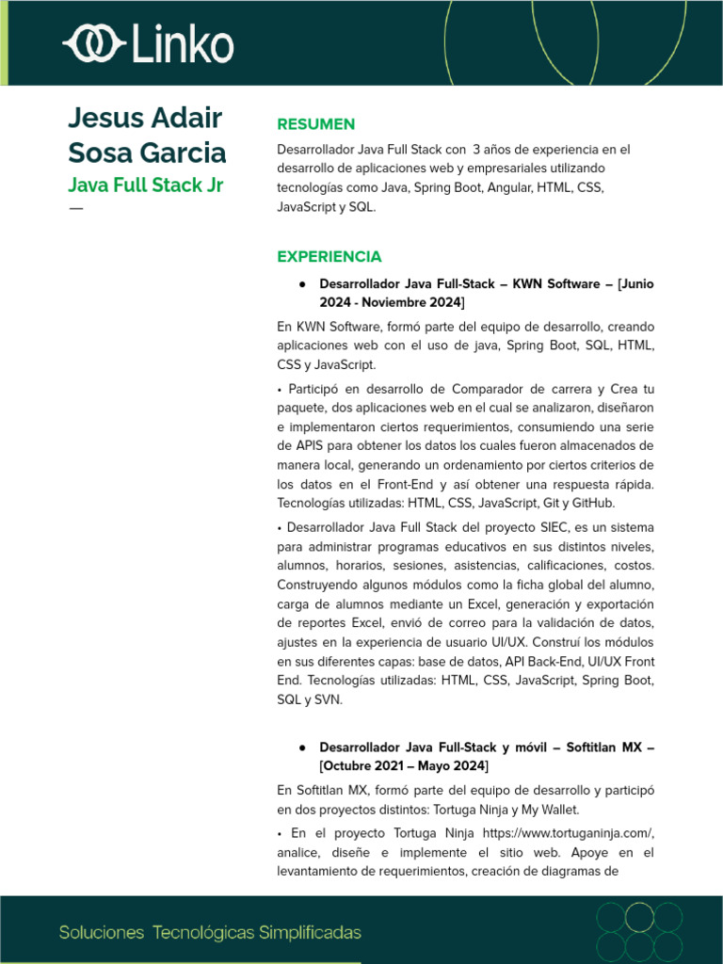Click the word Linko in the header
pyautogui.click(x=184, y=44)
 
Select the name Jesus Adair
pyautogui.click(x=145, y=119)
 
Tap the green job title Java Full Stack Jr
pyautogui.click(x=145, y=184)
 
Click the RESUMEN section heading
pyautogui.click(x=315, y=124)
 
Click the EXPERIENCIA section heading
pyautogui.click(x=329, y=256)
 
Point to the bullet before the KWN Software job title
pyautogui.click(x=302, y=283)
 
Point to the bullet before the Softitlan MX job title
pyautogui.click(x=302, y=747)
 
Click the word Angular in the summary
pyautogui.click(x=508, y=188)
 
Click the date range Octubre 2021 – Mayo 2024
pyautogui.click(x=404, y=765)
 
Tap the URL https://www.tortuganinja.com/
pyautogui.click(x=568, y=833)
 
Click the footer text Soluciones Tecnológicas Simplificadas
pyautogui.click(x=210, y=933)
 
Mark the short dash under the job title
pyautogui.click(x=75, y=208)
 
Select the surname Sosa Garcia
pyautogui.click(x=147, y=153)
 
